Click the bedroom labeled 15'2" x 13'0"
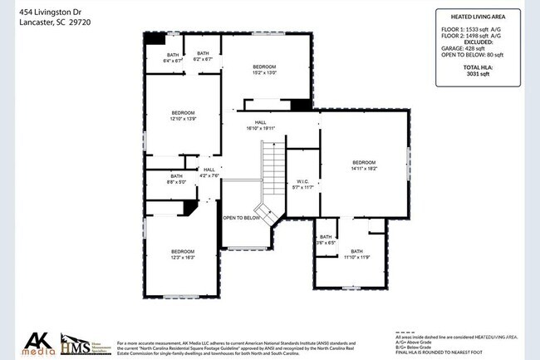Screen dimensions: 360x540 (x=264, y=70)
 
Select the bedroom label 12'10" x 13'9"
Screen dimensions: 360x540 (x=183, y=116)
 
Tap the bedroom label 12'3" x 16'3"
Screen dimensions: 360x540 (x=183, y=255)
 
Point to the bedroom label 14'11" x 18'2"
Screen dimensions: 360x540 (x=364, y=165)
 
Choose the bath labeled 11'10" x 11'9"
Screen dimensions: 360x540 (x=356, y=254)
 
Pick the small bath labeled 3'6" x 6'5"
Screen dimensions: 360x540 (x=326, y=240)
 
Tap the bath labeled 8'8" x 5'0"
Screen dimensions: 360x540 (x=177, y=180)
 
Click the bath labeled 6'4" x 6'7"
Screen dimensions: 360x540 (x=172, y=57)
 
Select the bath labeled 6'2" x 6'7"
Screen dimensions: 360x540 (x=203, y=57)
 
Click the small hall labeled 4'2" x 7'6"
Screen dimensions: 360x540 (x=209, y=173)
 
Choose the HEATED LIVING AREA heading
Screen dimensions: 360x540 (x=479, y=16)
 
